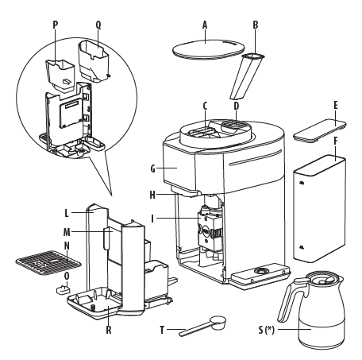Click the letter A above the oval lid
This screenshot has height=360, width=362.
[x=205, y=25]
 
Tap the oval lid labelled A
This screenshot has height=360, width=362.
[x=208, y=49]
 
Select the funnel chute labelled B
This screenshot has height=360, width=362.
[x=247, y=75]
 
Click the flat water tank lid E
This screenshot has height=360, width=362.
[x=320, y=130]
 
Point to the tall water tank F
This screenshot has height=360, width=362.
[x=319, y=208]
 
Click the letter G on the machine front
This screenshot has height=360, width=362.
[x=152, y=168]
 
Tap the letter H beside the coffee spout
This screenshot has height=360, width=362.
[x=152, y=195]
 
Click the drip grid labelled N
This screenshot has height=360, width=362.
[x=48, y=262]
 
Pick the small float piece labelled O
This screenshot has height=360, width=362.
[x=63, y=290]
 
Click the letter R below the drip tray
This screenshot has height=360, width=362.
[x=109, y=330]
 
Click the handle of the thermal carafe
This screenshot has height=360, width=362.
[x=288, y=300]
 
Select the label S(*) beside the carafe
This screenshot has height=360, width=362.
[x=266, y=330]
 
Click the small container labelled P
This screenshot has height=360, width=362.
[x=60, y=76]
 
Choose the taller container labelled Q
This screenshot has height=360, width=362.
[x=94, y=61]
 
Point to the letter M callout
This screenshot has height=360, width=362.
[x=67, y=232]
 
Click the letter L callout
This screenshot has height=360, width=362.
[x=67, y=213]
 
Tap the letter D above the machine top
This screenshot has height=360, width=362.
[x=237, y=106]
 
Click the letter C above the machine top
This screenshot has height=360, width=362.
[x=205, y=106]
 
